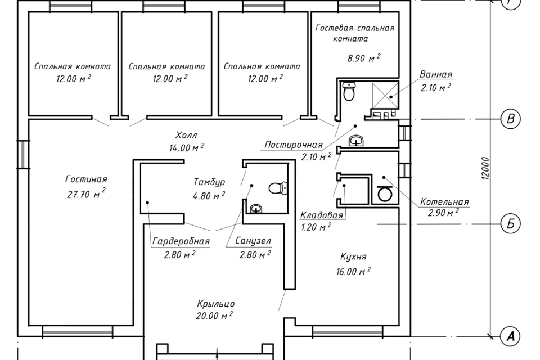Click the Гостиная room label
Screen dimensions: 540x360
[86, 179]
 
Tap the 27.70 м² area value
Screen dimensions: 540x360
[86, 194]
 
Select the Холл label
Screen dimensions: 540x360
[186, 134]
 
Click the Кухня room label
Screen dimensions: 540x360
[353, 256]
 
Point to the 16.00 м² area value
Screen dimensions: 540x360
[353, 271]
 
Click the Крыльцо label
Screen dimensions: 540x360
[216, 304]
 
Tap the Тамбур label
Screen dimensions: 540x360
[209, 182]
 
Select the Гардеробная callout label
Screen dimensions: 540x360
[181, 241]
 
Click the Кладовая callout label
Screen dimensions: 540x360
[322, 215]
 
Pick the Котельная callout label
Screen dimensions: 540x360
[444, 202]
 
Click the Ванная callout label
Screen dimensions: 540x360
[436, 74]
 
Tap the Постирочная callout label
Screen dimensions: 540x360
[294, 145]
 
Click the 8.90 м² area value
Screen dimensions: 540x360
[364, 58]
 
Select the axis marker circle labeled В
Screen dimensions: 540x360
[510, 119]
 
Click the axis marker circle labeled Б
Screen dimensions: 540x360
[510, 223]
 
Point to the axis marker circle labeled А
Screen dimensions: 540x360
[510, 336]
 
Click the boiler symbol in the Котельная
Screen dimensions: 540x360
[385, 193]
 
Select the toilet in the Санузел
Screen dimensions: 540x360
[277, 188]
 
